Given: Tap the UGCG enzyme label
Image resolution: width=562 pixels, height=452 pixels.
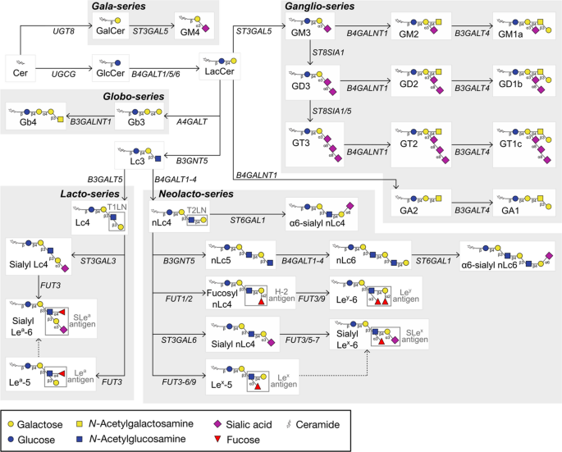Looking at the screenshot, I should pyautogui.click(x=63, y=72).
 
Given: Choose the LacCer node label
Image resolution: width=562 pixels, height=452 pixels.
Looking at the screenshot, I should pyautogui.click(x=215, y=72).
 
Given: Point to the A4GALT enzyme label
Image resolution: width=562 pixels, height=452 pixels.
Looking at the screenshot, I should pyautogui.click(x=194, y=121).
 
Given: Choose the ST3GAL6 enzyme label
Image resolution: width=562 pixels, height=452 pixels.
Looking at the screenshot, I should pyautogui.click(x=177, y=338).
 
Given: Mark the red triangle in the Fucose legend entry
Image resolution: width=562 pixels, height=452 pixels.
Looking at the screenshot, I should pyautogui.click(x=240, y=440).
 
